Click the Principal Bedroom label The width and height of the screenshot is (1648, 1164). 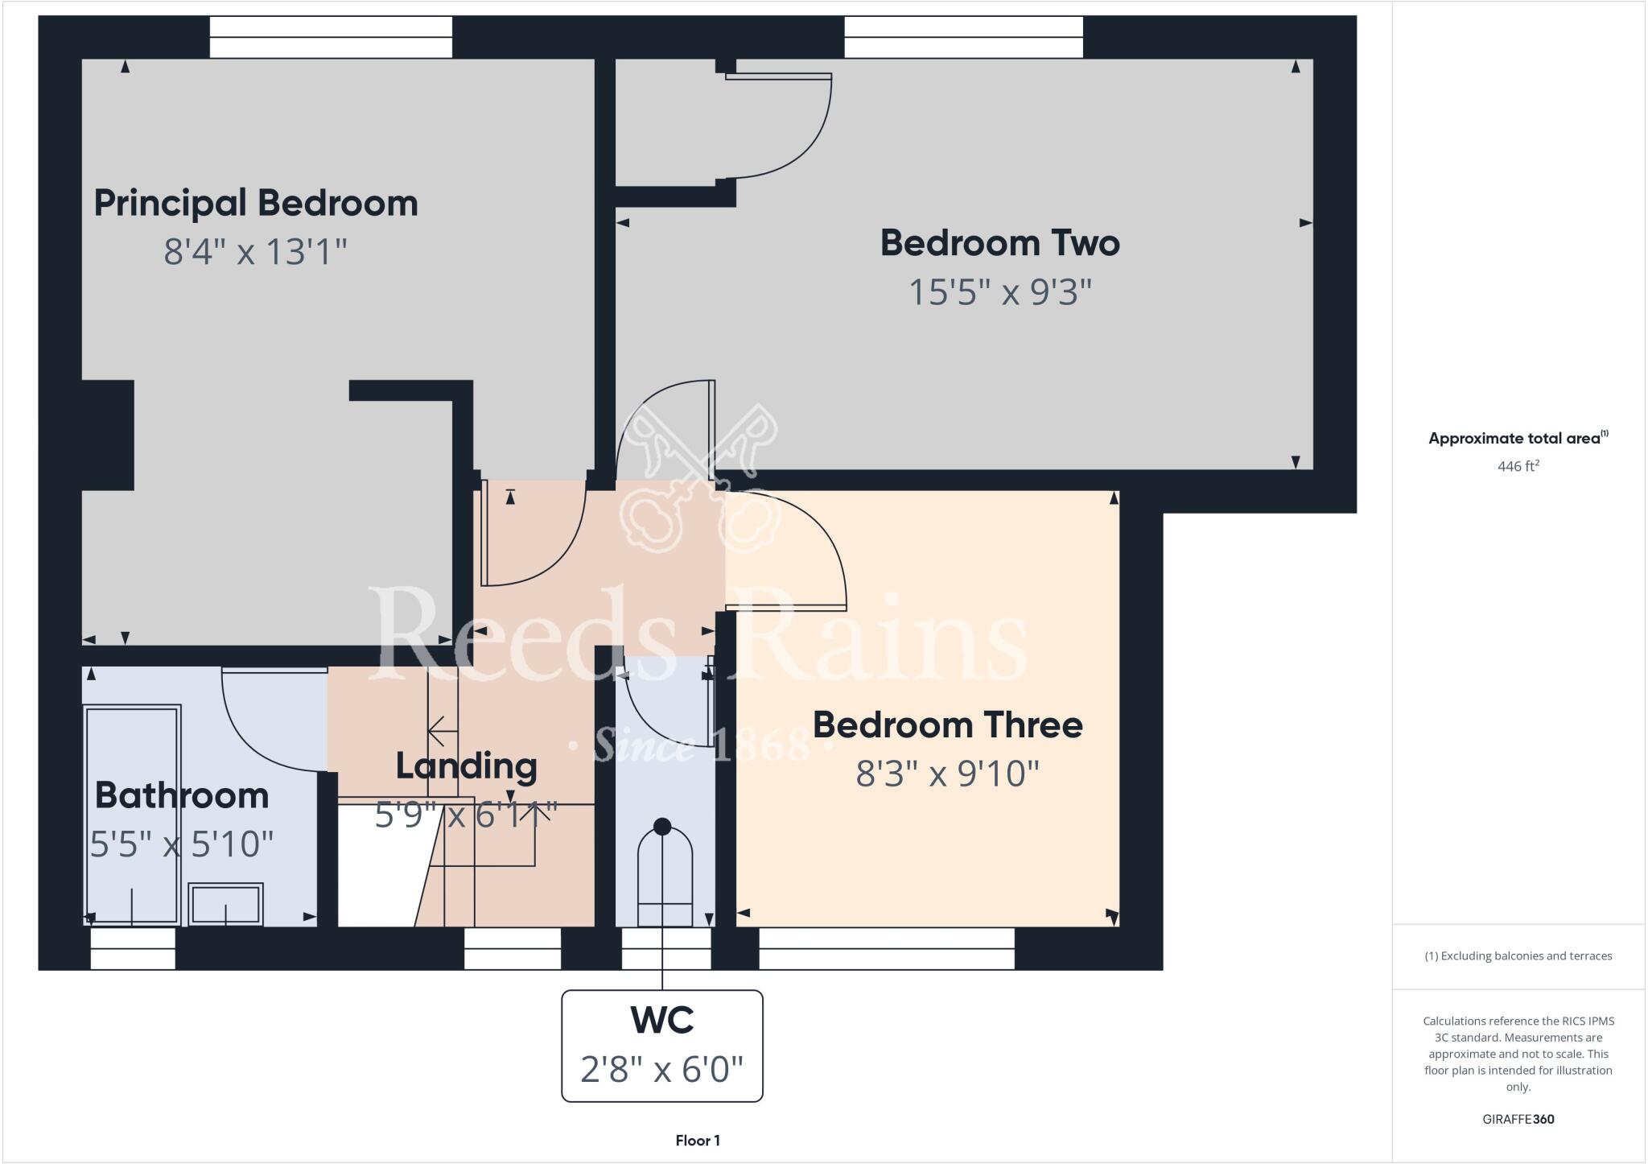point(256,203)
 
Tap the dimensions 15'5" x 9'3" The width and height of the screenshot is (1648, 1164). point(999,292)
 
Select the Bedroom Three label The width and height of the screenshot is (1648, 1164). point(947,725)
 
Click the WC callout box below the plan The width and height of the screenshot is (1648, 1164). point(661,1045)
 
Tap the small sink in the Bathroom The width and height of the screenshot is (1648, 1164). point(225,904)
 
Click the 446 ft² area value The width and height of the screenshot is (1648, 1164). point(1518,466)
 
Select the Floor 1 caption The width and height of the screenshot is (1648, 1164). point(698,1141)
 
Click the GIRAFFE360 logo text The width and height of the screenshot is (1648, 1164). point(1518,1119)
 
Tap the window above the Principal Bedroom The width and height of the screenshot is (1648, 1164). point(331,37)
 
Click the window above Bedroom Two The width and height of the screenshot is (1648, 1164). point(963,37)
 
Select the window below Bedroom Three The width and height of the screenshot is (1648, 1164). point(886,948)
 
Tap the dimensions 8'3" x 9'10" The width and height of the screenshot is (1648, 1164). point(947,774)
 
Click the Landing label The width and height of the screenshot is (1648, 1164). point(466,766)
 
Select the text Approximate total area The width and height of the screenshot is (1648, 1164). point(1514,439)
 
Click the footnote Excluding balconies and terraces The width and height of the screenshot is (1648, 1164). point(1518,956)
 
